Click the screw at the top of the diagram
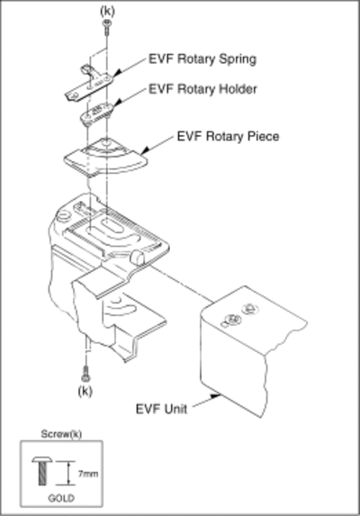point(107,27)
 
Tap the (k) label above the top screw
point(107,11)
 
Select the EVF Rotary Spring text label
point(202,59)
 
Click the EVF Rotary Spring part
point(88,84)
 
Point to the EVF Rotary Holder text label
point(202,89)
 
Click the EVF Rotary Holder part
point(97,113)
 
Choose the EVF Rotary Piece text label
point(229,136)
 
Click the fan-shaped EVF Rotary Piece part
point(106,157)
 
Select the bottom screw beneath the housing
point(85,373)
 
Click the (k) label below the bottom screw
point(85,391)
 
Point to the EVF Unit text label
point(161,409)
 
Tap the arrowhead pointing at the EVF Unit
point(216,396)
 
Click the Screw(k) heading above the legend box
point(61,434)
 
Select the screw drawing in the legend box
point(42,471)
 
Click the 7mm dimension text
point(88,474)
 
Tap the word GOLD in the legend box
point(61,498)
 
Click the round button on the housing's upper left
point(64,216)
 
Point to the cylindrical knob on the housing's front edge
point(138,257)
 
